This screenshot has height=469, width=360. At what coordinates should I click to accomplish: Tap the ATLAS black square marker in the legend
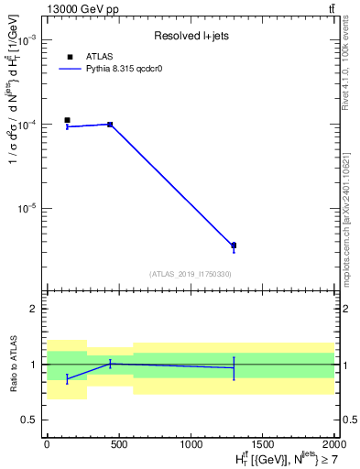(70, 57)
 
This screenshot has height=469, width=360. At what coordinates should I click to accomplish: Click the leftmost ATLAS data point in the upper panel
(67, 120)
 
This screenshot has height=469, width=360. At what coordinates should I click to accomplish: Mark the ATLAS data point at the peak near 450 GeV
(110, 125)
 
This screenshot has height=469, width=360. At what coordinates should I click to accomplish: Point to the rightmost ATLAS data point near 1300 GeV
(234, 245)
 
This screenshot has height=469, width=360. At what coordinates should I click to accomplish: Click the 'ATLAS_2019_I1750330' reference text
(190, 274)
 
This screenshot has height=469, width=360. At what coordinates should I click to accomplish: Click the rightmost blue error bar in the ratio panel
(234, 368)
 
